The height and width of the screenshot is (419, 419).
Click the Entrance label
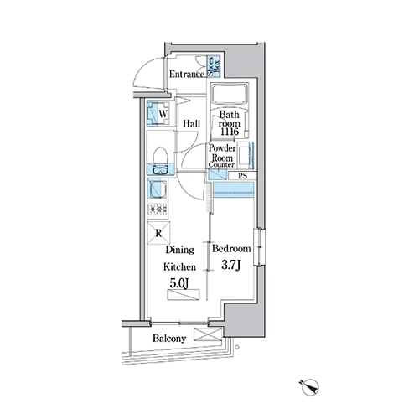pos(187,74)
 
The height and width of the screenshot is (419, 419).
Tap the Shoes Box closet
pos(214,66)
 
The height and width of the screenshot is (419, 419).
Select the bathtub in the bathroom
pos(229,94)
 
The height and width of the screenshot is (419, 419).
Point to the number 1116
pos(230,132)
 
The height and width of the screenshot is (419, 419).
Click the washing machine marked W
pos(158,114)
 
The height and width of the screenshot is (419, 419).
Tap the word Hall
pos(191,124)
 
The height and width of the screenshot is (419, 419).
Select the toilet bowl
pos(160,161)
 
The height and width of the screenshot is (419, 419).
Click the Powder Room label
pos(222,153)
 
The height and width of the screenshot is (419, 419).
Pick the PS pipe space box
pos(242,176)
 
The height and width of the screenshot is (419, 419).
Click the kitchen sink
pos(158,189)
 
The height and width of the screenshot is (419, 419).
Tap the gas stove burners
pos(158,209)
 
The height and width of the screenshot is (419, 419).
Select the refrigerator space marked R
pos(158,233)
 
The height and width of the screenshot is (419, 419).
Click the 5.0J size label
pos(179,283)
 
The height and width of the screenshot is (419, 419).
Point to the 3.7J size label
pos(231,265)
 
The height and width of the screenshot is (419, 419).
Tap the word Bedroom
pos(231,248)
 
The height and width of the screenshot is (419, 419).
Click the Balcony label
pos(169,339)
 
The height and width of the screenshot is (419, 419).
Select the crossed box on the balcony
pos(208,334)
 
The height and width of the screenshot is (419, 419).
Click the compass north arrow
pos(310,386)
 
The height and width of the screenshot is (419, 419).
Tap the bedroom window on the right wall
pos(259,247)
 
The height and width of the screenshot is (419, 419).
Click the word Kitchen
pos(179,266)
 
